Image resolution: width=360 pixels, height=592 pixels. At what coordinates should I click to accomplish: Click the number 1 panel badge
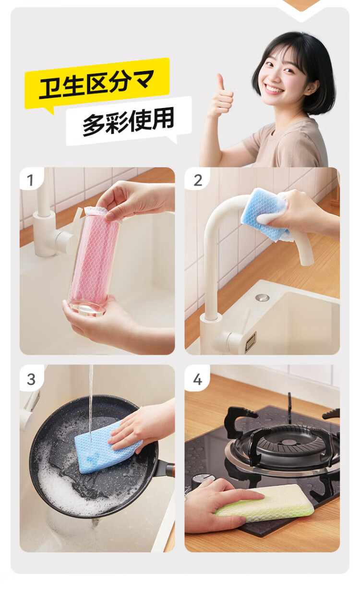point(31,180)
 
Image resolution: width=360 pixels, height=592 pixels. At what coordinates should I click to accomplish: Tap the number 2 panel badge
point(198,180)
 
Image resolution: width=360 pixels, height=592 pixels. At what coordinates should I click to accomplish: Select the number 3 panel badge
point(31,379)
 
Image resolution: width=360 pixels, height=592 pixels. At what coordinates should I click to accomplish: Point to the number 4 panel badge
point(198,379)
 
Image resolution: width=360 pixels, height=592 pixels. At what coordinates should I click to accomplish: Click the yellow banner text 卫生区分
point(86,85)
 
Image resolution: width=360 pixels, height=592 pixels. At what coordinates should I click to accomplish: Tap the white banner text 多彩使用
point(128,121)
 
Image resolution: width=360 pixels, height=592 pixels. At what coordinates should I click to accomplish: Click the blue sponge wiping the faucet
point(264,214)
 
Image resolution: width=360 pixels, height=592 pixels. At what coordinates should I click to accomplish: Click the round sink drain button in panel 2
point(262,297)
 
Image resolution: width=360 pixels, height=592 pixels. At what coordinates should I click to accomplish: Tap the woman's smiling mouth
point(274,88)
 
